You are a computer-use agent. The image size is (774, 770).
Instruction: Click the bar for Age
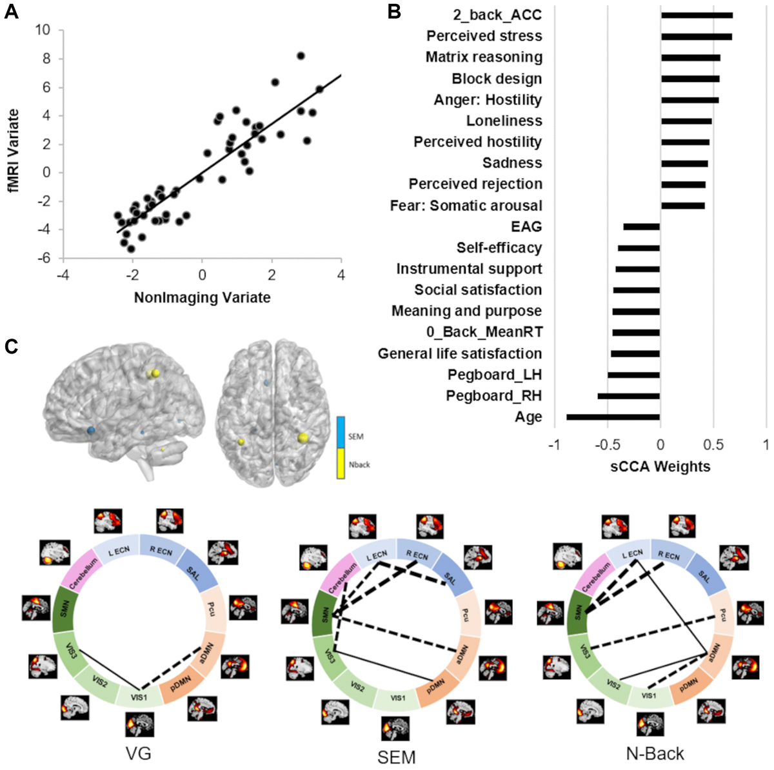coord(613,417)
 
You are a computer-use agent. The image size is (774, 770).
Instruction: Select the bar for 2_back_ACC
coord(697,15)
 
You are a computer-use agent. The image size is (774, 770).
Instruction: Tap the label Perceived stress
coord(484,36)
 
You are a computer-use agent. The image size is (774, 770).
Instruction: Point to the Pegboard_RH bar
coord(628,396)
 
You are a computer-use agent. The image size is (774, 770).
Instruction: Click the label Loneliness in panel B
coord(504,121)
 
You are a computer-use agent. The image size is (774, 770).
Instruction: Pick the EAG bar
coord(641,226)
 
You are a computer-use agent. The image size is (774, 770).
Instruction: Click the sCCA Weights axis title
coord(660,466)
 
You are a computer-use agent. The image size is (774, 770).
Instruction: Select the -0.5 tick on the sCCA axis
coord(606,446)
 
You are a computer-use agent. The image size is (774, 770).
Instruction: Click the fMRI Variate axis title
coord(14,150)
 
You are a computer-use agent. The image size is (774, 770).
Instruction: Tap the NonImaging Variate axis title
coord(202,297)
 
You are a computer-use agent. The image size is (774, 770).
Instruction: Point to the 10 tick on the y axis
coord(43,30)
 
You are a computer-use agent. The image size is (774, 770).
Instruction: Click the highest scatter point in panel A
coord(300,55)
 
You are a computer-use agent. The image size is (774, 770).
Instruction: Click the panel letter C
coord(11,346)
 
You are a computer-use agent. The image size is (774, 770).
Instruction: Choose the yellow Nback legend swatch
coord(341,464)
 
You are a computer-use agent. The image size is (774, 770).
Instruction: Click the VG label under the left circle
coord(139,752)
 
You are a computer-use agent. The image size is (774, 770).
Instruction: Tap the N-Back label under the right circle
coord(655,753)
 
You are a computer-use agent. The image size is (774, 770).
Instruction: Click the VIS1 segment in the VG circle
coord(139,697)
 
